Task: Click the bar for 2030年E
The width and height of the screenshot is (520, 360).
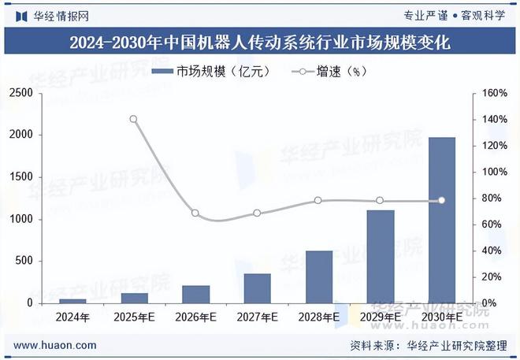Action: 442,221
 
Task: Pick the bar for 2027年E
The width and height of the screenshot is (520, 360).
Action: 258,288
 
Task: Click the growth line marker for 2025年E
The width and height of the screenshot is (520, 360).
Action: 133,120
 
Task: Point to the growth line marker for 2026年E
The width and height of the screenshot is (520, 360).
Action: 195,213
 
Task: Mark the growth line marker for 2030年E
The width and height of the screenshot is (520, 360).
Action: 442,201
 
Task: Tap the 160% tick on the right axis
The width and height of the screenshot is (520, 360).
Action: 494,93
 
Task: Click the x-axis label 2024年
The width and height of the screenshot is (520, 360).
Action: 72,317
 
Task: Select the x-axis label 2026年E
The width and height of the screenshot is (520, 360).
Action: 195,317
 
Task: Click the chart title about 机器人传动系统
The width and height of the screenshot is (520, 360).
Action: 260,43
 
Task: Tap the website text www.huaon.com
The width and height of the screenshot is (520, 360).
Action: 56,345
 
